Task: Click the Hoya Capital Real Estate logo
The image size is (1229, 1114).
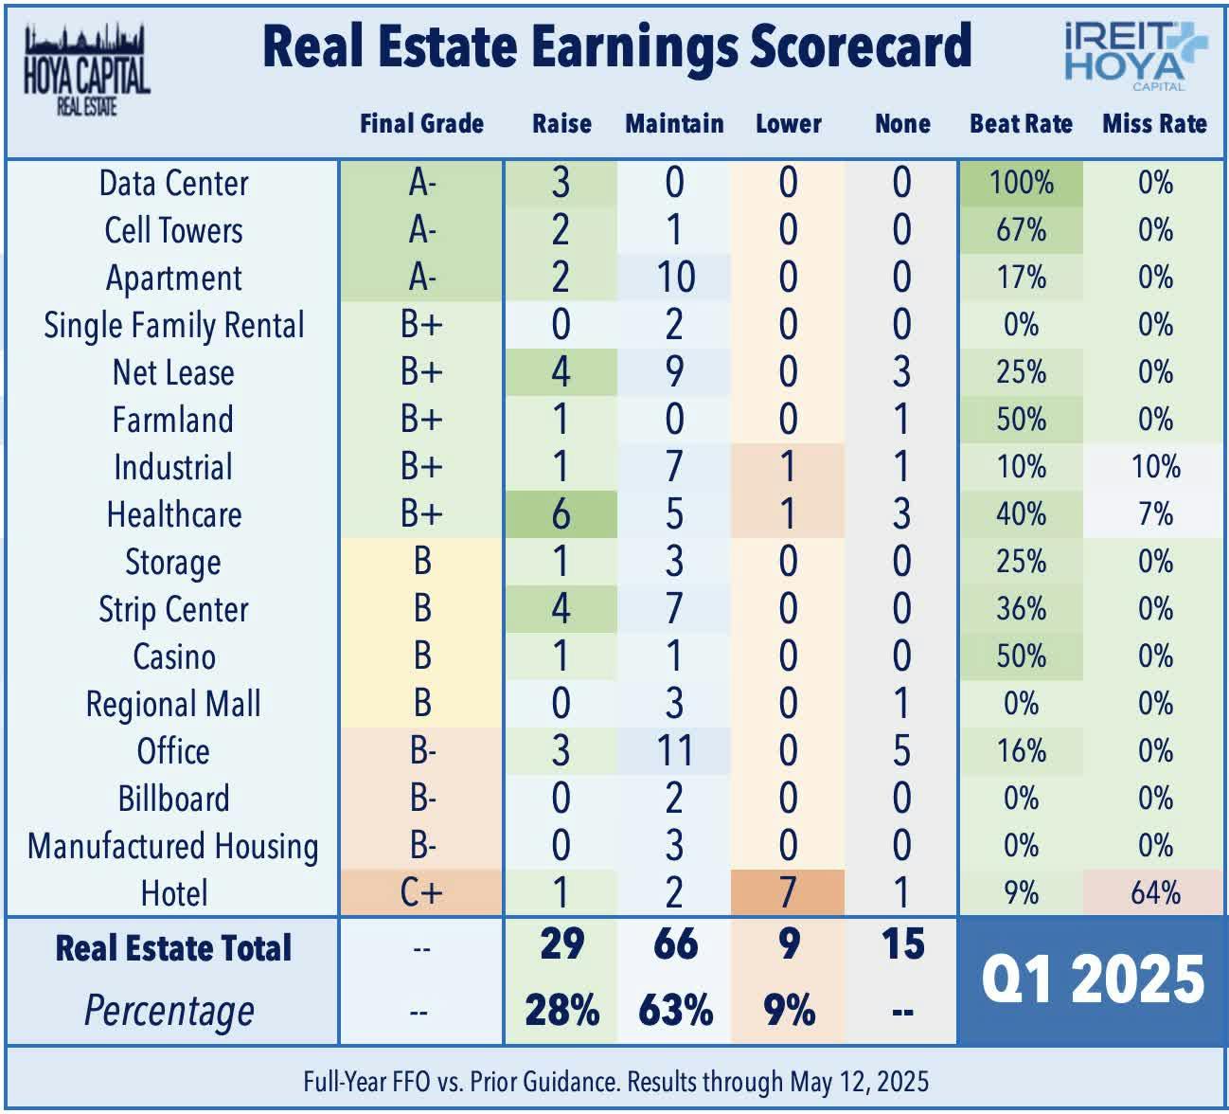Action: tap(86, 71)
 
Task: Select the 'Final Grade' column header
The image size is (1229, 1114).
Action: tap(421, 124)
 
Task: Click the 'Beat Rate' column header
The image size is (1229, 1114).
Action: tap(1021, 124)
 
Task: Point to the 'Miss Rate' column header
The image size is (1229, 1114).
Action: tap(1154, 124)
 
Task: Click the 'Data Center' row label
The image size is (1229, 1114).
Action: tap(173, 183)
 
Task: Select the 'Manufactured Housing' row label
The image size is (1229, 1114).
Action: tap(173, 846)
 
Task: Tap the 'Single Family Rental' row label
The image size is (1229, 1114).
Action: tap(173, 325)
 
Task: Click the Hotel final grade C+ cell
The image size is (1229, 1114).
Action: tap(421, 892)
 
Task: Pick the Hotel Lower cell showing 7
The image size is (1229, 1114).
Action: tap(788, 892)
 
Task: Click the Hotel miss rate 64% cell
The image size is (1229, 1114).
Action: tap(1155, 892)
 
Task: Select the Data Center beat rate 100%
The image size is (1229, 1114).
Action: tap(1021, 183)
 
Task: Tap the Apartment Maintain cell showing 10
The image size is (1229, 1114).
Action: tap(674, 278)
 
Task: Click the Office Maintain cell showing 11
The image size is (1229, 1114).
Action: tap(674, 751)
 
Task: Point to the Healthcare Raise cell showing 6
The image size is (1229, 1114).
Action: tap(561, 514)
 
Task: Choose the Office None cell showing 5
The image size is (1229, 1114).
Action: tap(901, 751)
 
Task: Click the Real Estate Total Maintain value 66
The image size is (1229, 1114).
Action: tap(675, 944)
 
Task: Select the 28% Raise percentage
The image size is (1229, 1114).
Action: tap(561, 1011)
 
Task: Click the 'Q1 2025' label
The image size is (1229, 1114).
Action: tap(1093, 979)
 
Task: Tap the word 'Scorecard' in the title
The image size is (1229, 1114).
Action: tap(861, 45)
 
